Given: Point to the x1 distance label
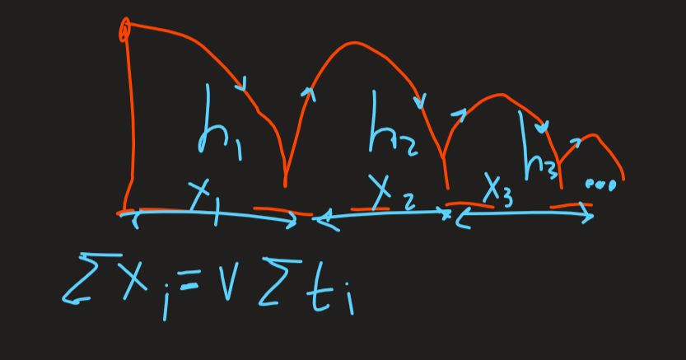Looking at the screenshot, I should point(203,200).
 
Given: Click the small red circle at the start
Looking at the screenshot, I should point(124,30).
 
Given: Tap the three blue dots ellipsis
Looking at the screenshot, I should point(600,185).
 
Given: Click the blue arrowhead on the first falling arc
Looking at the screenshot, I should point(241,82).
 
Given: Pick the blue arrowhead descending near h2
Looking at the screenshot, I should point(422,103).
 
